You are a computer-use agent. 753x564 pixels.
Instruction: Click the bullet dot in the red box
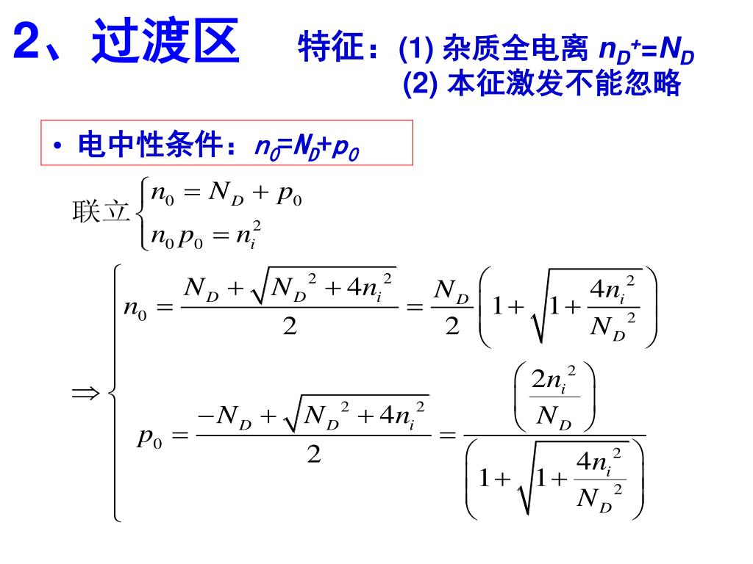(57, 145)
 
